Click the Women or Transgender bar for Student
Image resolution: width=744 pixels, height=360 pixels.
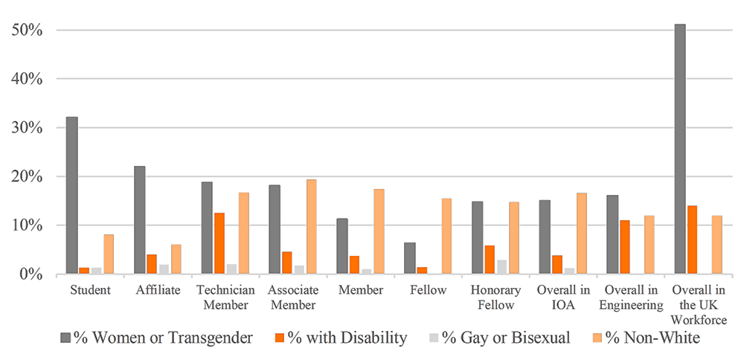71,195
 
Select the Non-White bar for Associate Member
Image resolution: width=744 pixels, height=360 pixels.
312,227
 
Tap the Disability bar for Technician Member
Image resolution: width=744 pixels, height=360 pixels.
219,243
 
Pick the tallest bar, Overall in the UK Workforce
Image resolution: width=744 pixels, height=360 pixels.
679,149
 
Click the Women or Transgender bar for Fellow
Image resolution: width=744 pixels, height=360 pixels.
409,258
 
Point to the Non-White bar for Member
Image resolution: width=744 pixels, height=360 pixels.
379,231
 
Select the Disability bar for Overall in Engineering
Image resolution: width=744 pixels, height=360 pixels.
625,247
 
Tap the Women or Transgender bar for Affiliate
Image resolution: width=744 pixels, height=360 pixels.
140,220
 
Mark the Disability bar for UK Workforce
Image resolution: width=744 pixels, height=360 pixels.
693,240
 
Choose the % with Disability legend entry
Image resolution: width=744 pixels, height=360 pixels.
341,338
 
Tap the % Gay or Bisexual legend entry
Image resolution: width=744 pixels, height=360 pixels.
501,338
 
